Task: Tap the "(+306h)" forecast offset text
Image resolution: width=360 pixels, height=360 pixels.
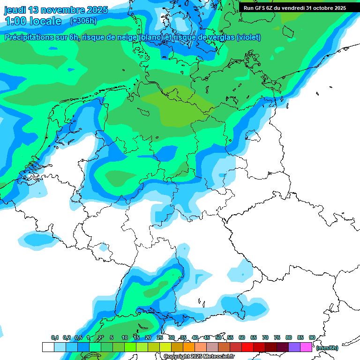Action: (x=83, y=21)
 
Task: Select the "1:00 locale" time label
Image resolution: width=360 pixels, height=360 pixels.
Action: (x=33, y=21)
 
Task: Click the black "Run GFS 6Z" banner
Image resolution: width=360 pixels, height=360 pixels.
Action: (x=295, y=7)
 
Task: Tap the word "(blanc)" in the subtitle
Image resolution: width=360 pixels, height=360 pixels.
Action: (x=151, y=37)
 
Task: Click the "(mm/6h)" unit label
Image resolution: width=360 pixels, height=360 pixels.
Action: (x=327, y=348)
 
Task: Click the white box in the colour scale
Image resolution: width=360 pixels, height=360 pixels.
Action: (x=48, y=347)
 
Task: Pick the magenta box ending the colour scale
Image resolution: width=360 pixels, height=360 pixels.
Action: (x=306, y=347)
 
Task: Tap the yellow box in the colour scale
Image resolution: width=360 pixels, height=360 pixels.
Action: (x=165, y=347)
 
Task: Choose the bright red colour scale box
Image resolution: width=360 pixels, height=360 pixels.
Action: (x=247, y=347)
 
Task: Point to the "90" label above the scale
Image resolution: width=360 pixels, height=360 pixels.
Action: (x=312, y=337)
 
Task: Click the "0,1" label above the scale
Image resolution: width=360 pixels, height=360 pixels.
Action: (x=55, y=337)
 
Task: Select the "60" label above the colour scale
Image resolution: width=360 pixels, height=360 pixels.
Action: (x=242, y=337)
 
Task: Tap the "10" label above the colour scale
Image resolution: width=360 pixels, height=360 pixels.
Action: (x=125, y=337)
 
